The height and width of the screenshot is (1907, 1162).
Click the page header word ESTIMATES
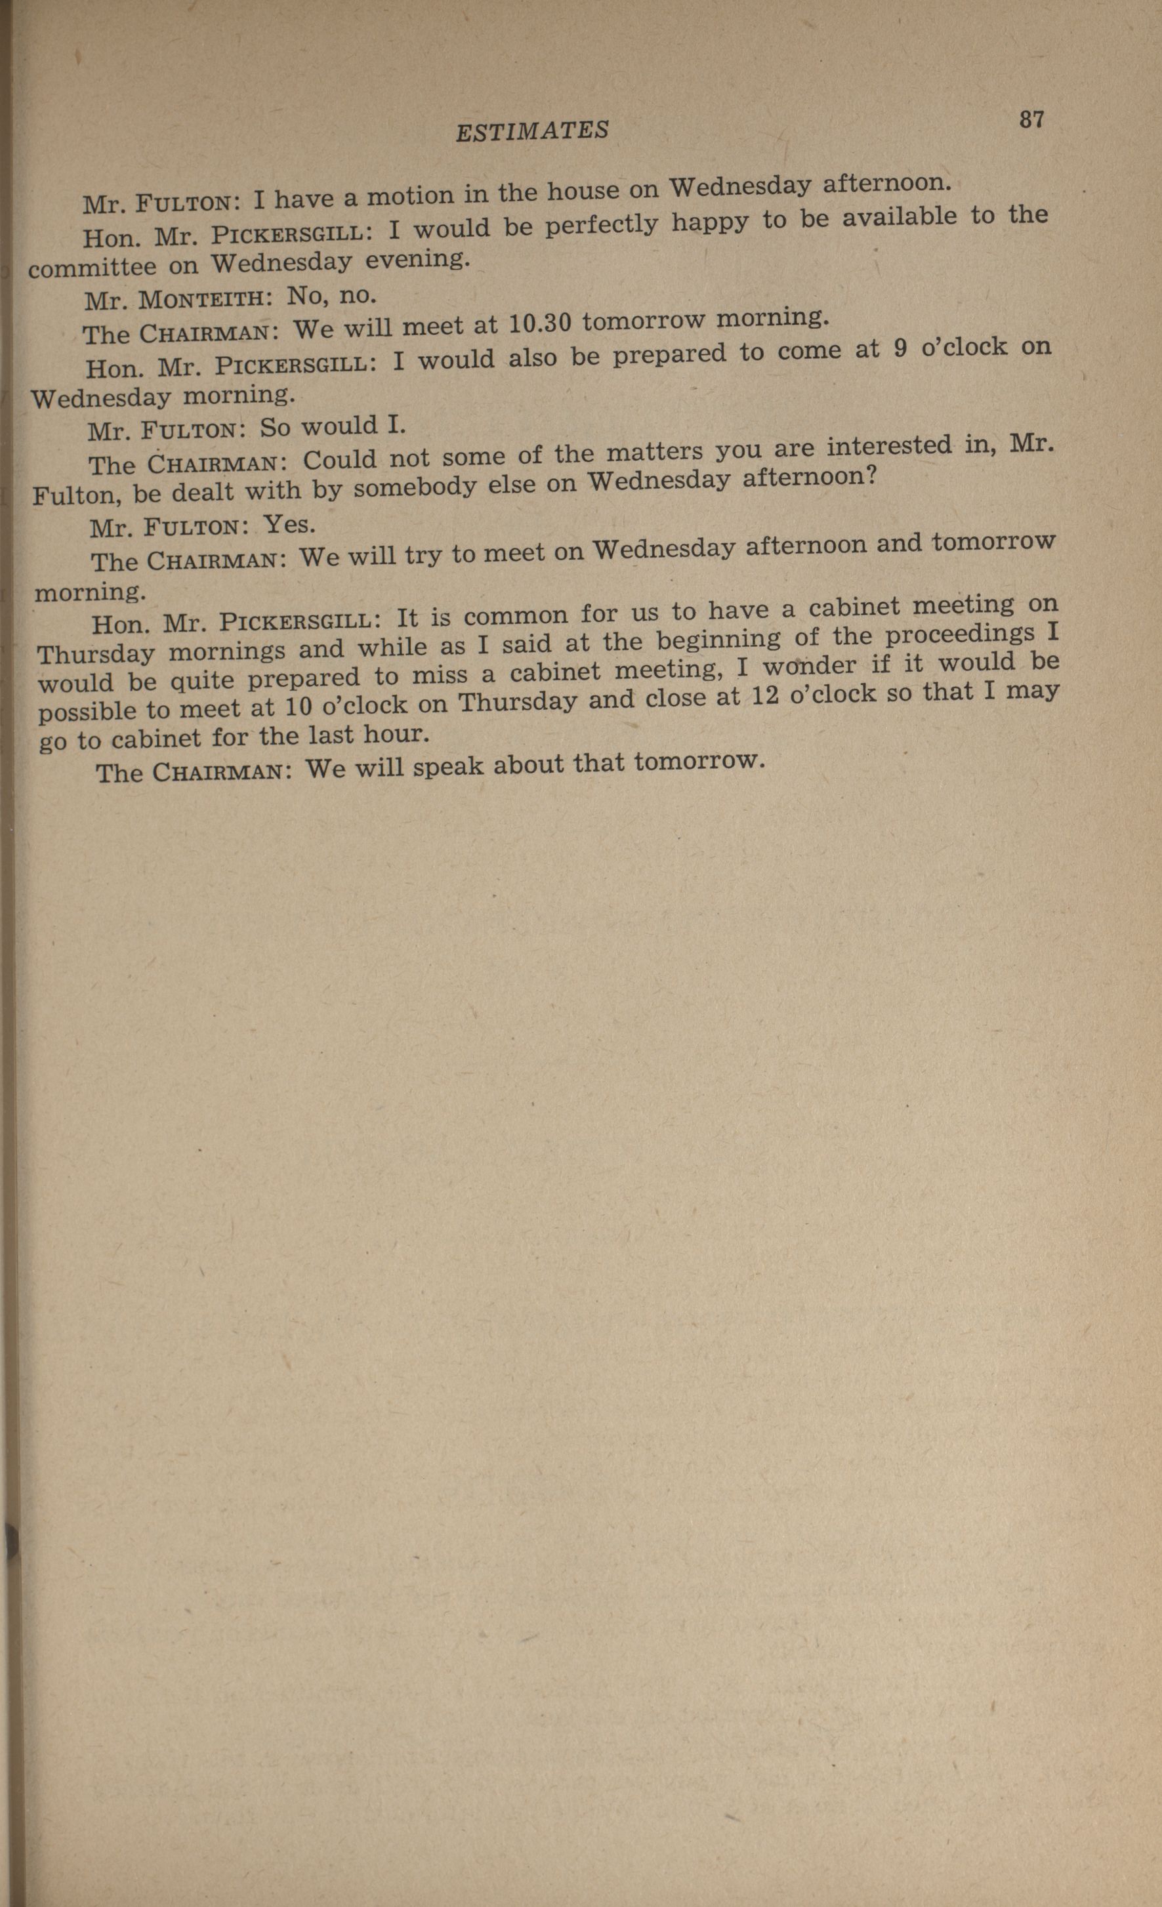(x=532, y=130)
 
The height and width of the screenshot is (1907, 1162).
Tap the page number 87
(x=1031, y=119)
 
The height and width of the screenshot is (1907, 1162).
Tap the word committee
(x=92, y=267)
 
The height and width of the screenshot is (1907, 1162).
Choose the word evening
(x=417, y=258)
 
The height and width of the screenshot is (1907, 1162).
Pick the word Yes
(x=289, y=525)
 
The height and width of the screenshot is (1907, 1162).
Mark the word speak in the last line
(x=448, y=766)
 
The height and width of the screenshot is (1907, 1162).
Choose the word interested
(x=889, y=447)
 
